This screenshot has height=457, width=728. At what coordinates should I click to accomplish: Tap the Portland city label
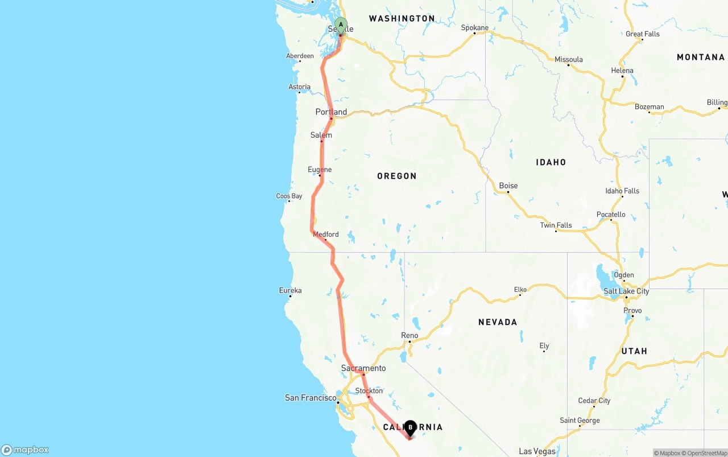[331, 112]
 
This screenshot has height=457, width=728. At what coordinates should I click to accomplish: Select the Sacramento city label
[363, 368]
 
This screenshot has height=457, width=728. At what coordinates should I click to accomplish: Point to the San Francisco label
[311, 398]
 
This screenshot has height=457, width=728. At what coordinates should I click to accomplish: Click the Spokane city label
[474, 27]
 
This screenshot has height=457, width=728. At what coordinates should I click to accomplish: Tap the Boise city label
[508, 186]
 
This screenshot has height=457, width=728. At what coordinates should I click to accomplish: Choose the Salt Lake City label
[626, 291]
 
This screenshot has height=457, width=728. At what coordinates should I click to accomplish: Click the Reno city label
[409, 335]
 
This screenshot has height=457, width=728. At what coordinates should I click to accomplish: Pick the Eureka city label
[290, 290]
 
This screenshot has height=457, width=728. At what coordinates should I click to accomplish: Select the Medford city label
[325, 234]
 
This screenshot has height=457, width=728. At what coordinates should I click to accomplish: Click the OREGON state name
[397, 176]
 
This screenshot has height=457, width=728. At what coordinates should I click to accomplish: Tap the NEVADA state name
[498, 322]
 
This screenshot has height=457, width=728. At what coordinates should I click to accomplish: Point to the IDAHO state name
[551, 162]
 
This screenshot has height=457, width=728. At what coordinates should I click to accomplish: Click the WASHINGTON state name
[402, 19]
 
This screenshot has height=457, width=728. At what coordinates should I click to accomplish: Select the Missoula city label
[569, 59]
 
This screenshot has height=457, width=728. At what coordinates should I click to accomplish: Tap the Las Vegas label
[537, 451]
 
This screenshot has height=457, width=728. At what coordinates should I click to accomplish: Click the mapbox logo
[25, 450]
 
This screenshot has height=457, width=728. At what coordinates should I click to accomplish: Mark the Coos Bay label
[289, 196]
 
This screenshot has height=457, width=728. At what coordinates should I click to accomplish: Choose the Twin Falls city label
[556, 225]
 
